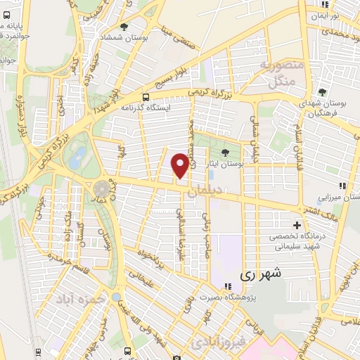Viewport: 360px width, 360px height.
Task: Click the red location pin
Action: [x=181, y=165]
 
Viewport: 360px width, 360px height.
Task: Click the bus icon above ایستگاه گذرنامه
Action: [x=146, y=97]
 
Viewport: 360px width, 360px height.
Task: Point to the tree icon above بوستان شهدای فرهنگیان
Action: [x=322, y=92]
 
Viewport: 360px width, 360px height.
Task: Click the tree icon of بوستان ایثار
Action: [x=225, y=152]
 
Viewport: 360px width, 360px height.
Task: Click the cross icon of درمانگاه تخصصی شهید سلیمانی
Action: [x=297, y=226]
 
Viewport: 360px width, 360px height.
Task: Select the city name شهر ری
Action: [x=259, y=274]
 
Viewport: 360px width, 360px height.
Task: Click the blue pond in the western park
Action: [x=79, y=155]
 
